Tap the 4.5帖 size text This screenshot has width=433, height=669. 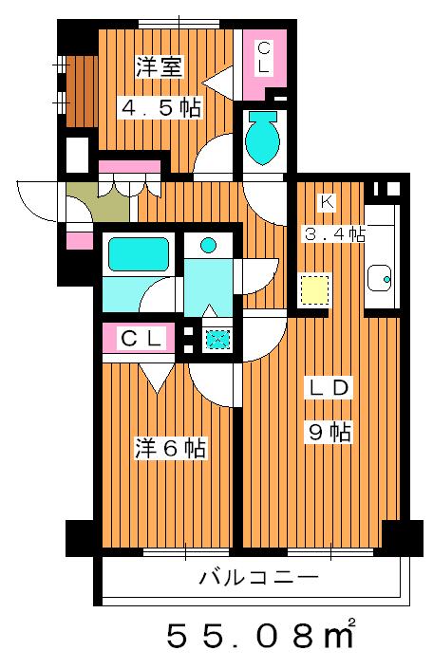point(159,108)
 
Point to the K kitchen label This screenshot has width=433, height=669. point(326,202)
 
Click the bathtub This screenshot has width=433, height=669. point(138,254)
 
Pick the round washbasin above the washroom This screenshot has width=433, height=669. point(208,245)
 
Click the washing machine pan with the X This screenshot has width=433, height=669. point(216,338)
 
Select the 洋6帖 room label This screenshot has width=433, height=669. point(170,448)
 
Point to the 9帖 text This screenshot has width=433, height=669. point(329,433)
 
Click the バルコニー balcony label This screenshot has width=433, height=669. point(257,577)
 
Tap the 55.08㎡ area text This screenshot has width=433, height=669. point(261,634)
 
